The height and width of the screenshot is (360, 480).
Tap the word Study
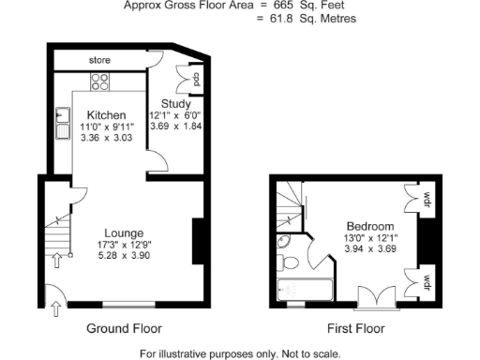[175, 103]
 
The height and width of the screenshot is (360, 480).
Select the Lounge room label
[124, 232]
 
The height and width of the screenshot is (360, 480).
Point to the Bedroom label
[369, 226]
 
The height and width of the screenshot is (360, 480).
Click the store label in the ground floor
[99, 60]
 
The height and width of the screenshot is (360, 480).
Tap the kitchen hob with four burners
[101, 82]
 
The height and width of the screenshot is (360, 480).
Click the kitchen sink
[64, 124]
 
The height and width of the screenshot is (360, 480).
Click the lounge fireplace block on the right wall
[199, 241]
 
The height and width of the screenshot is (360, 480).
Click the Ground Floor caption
[124, 329]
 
